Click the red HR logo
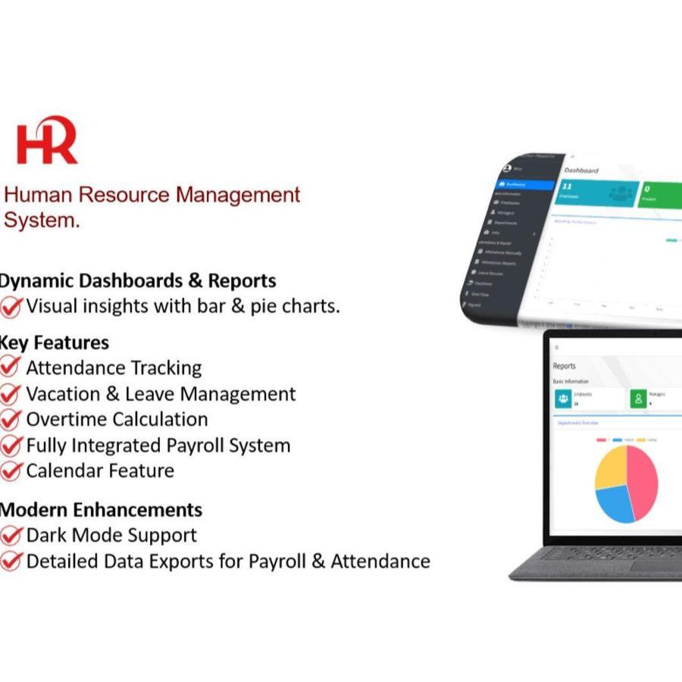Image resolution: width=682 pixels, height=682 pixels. pos(47,140)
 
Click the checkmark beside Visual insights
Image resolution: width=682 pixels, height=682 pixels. pos(11,307)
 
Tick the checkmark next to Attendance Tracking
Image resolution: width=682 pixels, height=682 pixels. pos(11,368)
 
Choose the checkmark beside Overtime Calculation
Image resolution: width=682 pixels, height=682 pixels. pos(11,420)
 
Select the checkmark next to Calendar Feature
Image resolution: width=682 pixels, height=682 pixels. pos(11,471)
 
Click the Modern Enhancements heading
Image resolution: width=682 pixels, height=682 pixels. pos(102,509)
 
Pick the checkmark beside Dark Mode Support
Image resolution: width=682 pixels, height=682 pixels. pos(11,536)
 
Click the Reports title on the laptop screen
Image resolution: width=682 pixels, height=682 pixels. pos(565,366)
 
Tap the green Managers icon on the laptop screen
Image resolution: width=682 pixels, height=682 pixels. pos(639,398)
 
